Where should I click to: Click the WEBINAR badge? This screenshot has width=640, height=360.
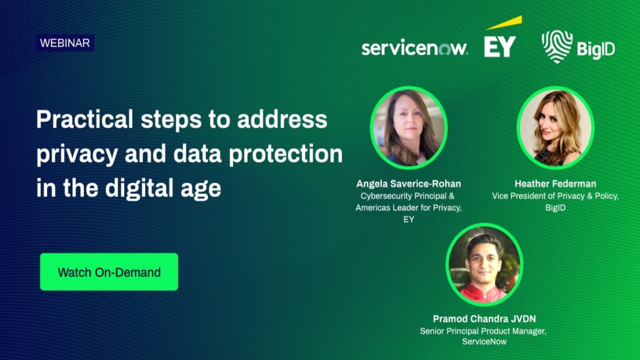[x=65, y=43]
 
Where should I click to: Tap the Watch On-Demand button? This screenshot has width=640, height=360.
[x=109, y=272]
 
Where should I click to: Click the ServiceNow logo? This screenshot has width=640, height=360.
[x=414, y=48]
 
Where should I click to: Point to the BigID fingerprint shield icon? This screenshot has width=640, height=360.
[x=557, y=46]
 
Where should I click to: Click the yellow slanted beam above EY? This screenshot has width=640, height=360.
[x=504, y=23]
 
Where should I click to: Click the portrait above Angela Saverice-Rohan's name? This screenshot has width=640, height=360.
[x=409, y=127]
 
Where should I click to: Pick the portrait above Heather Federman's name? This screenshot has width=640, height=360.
[x=555, y=127]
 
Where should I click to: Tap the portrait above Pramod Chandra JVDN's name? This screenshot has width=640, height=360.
[x=484, y=264]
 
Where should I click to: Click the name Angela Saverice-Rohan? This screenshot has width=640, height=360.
[x=409, y=184]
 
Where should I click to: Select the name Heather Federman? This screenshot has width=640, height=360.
[x=555, y=184]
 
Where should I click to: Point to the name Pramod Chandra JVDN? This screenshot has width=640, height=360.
[x=484, y=319]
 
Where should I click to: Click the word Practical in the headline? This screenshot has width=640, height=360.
[x=84, y=119]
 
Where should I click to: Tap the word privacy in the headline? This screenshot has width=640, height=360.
[x=77, y=155]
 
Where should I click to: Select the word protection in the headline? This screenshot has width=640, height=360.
[x=285, y=154]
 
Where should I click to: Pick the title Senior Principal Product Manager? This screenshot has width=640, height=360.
[x=483, y=331]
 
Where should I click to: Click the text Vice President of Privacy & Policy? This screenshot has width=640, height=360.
[x=555, y=196]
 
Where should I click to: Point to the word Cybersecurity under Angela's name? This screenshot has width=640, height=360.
[x=386, y=196]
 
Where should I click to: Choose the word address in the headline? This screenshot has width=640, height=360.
[x=282, y=119]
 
